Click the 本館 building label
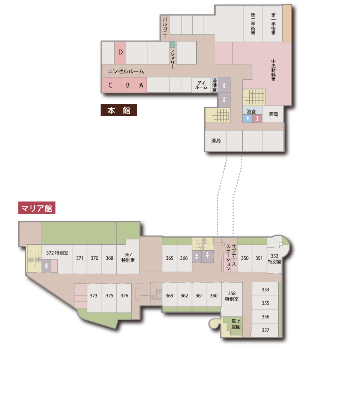pos(118,110)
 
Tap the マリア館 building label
pos(37,208)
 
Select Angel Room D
pos(120,52)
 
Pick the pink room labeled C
pos(111,85)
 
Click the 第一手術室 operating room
pos(273,24)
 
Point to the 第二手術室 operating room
pos(253,24)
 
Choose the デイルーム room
pos(201,85)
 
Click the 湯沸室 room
pos(214,85)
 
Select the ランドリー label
pos(172,58)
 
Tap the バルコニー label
pos(165,28)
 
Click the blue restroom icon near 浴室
pos(247,119)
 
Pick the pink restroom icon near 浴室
pos(257,119)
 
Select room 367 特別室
pos(128,257)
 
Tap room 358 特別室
pos(232,296)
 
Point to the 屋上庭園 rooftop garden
pos(236,324)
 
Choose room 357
pos(265,330)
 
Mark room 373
pos(94,296)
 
